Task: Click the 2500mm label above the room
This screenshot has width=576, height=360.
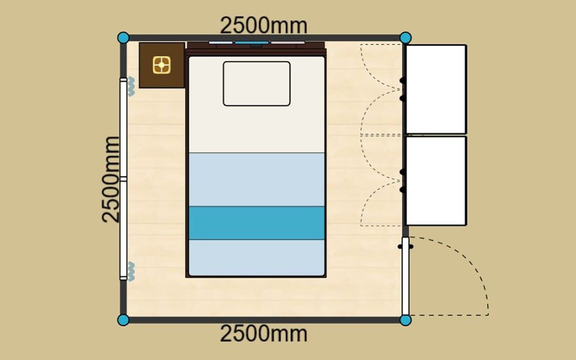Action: click(263, 26)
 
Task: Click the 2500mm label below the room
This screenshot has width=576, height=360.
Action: click(263, 334)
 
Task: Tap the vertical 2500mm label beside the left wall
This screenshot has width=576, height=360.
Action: click(111, 179)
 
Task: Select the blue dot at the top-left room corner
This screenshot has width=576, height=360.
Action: click(123, 38)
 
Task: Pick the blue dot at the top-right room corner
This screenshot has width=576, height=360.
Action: click(406, 38)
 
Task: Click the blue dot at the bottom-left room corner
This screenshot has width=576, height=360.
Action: click(123, 320)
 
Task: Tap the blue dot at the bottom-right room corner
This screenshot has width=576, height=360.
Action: click(406, 320)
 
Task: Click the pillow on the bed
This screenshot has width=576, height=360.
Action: click(257, 84)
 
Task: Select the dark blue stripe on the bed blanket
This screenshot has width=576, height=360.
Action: click(257, 223)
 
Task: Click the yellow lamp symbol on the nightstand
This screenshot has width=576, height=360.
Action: click(162, 65)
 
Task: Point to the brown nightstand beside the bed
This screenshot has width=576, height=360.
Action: click(162, 66)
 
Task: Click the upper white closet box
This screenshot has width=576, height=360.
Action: click(436, 89)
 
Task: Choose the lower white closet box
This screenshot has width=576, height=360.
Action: click(436, 181)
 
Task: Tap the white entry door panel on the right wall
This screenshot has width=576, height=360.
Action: click(406, 276)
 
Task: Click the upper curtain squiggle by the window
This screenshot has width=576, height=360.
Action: click(131, 86)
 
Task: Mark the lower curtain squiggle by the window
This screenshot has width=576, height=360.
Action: click(131, 271)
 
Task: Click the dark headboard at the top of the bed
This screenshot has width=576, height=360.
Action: click(256, 48)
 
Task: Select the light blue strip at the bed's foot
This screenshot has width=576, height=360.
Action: click(257, 257)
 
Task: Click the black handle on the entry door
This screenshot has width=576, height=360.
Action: click(406, 247)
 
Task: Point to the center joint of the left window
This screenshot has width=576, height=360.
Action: click(123, 179)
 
